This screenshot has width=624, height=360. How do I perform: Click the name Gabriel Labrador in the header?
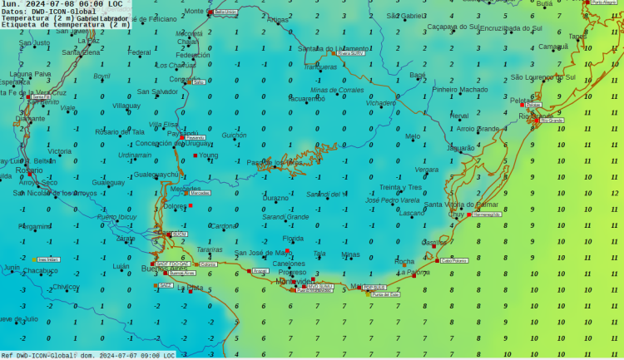pyautogui.click(x=103, y=17)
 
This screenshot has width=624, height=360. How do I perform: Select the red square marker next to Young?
pyautogui.click(x=196, y=155)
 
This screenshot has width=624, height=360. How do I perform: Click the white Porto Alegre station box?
pyautogui.click(x=606, y=2)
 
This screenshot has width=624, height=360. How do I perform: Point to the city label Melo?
pyautogui.click(x=413, y=136)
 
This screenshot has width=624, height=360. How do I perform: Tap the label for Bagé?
pyautogui.click(x=418, y=75)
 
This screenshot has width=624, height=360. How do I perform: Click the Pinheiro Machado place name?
pyautogui.click(x=460, y=89)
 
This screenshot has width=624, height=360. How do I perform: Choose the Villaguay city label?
pyautogui.click(x=126, y=106)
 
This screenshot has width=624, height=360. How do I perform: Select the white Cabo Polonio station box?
pyautogui.click(x=454, y=260)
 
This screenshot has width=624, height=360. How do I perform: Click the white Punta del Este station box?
pyautogui.click(x=385, y=294)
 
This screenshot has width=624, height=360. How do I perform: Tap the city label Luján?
pyautogui.click(x=121, y=266)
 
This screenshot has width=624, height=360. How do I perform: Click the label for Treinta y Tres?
pyautogui.click(x=401, y=187)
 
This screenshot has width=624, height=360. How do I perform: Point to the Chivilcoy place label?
pyautogui.click(x=66, y=287)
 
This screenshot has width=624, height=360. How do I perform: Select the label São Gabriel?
pyautogui.click(x=404, y=16)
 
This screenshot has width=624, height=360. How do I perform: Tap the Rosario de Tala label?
pyautogui.click(x=120, y=131)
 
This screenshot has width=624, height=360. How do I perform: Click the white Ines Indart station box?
pyautogui.click(x=48, y=259)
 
